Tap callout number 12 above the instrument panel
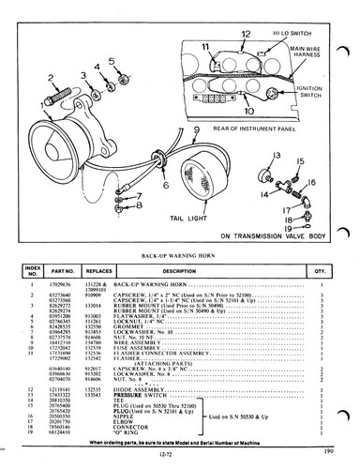click(245, 35)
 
